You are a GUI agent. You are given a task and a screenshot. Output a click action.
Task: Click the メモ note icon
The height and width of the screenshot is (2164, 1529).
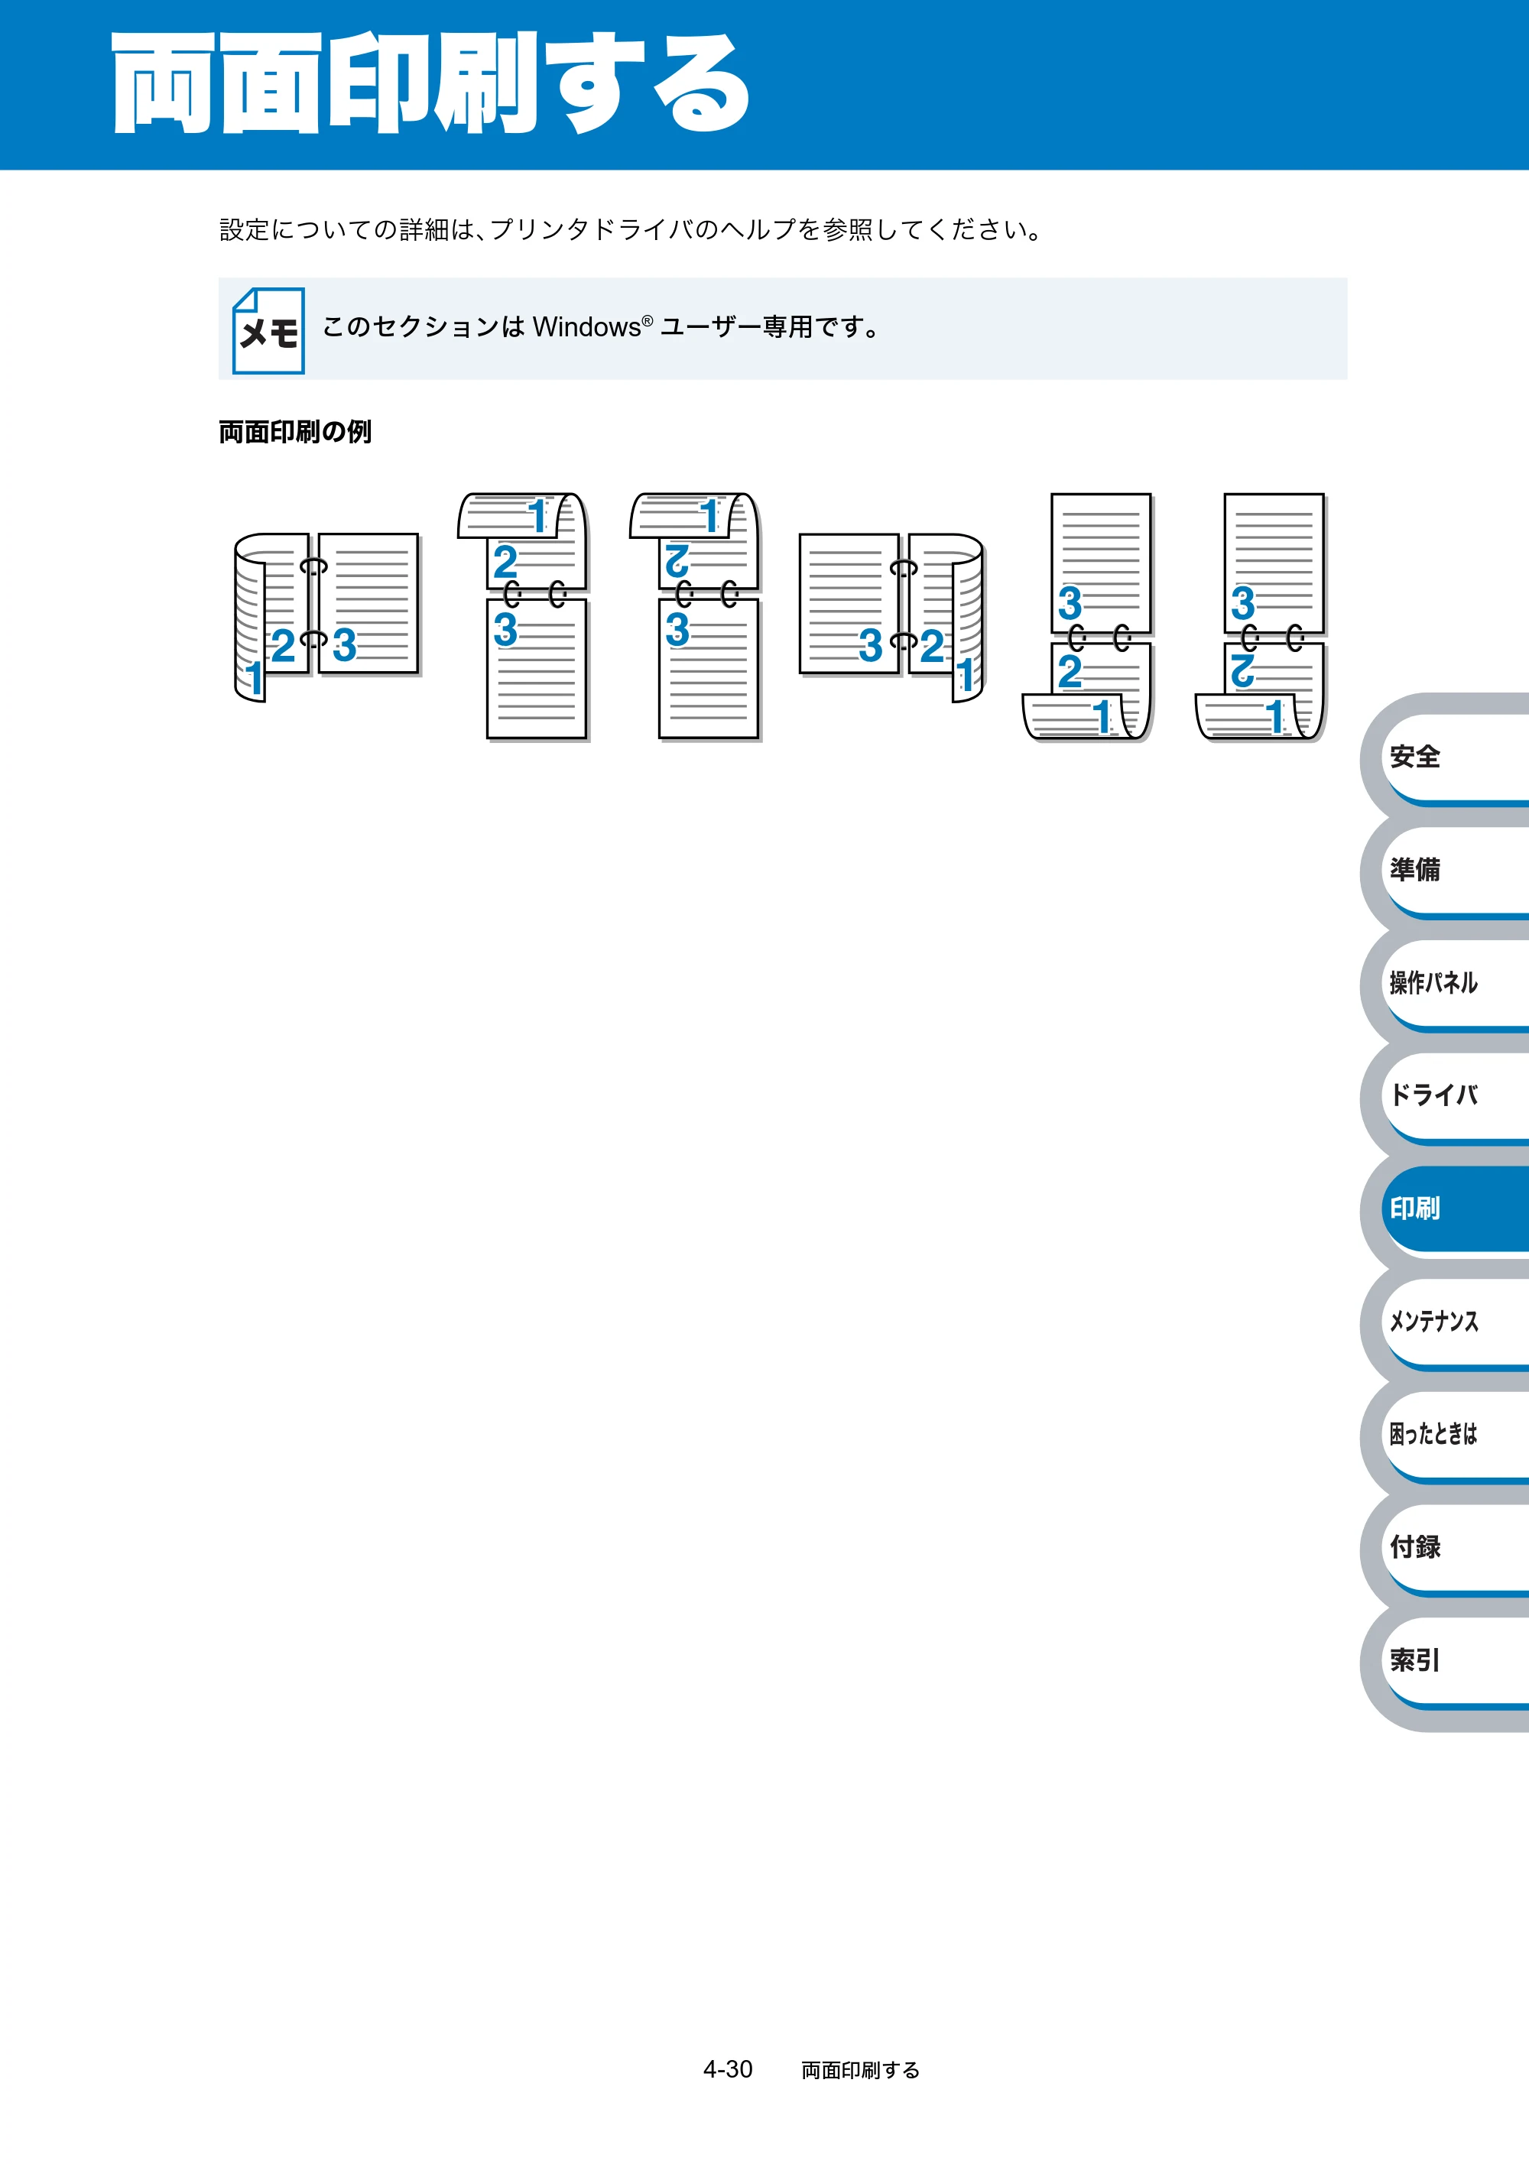(268, 331)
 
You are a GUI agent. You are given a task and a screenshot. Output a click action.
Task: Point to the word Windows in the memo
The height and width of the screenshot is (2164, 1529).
(587, 327)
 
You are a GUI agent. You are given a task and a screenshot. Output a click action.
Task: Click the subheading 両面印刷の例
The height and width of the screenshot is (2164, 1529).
(295, 432)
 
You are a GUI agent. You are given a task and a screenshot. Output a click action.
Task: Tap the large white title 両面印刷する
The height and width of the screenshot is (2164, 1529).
(431, 83)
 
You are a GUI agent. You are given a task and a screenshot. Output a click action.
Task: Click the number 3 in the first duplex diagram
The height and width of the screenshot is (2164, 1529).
(344, 646)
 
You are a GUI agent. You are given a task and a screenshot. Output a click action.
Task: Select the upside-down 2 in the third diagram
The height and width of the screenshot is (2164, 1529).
(677, 561)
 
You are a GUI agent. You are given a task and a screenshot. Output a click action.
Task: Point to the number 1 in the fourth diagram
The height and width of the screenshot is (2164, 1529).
(966, 676)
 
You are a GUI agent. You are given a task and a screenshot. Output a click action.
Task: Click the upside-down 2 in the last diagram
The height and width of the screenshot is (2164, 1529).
(1242, 671)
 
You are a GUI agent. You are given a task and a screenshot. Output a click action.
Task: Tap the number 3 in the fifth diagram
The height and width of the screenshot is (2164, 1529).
(1070, 604)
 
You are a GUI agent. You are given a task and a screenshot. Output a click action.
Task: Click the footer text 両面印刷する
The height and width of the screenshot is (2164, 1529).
(861, 2070)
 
